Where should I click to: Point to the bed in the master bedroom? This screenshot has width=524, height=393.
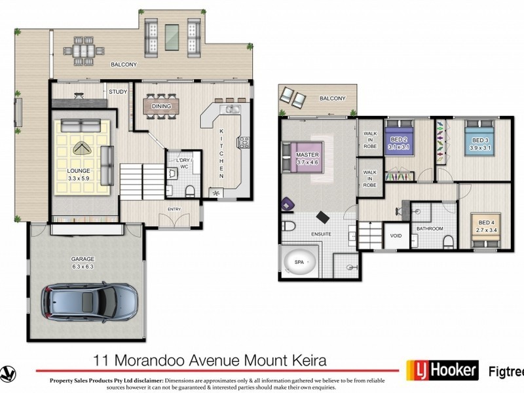303,157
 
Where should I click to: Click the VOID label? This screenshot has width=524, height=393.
396,236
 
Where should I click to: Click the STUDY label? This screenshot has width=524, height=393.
118,92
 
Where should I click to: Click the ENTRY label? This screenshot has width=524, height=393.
174,210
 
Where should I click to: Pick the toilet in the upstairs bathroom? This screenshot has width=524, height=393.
448,241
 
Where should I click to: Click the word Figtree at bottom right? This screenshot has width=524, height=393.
506,369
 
